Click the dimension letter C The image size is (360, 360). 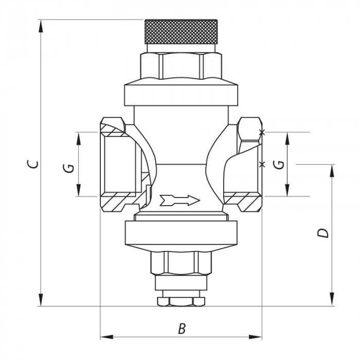[32, 164]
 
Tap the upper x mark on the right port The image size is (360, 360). [262, 133]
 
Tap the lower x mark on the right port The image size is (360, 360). [262, 165]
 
